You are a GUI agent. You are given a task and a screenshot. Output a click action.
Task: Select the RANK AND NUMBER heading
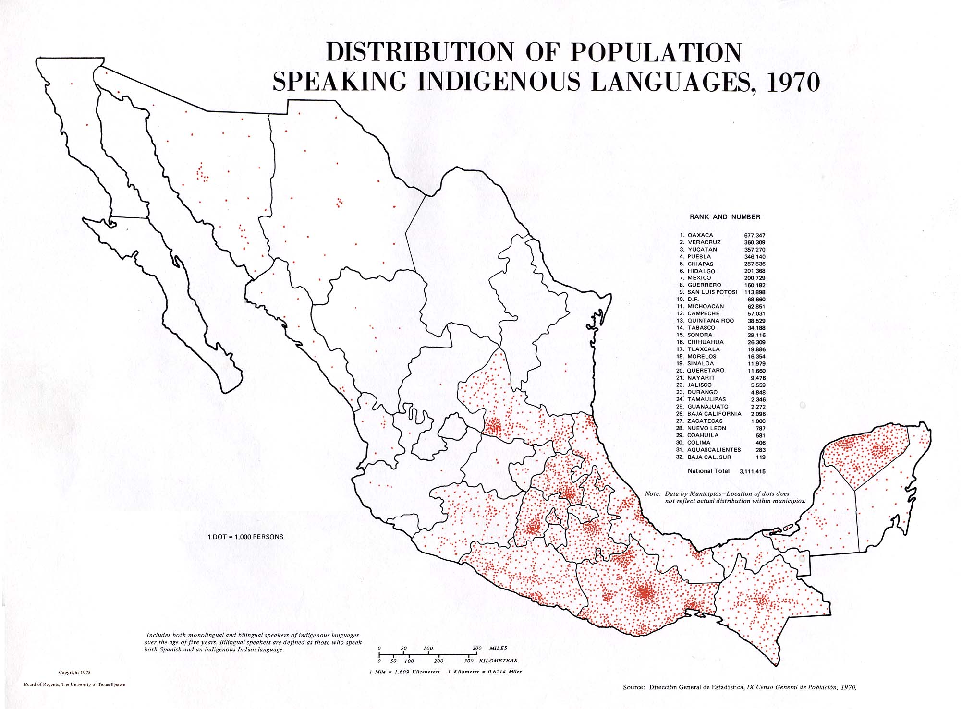725,217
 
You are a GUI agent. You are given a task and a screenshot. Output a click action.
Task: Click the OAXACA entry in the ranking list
700,235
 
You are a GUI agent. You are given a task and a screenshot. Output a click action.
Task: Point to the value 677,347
755,236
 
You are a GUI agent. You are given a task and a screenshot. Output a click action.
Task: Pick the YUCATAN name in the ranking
702,250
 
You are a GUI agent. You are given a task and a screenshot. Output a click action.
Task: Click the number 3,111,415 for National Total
753,471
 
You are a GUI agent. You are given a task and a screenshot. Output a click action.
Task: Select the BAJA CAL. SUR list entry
709,457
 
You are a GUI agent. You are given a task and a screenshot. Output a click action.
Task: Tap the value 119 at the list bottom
760,457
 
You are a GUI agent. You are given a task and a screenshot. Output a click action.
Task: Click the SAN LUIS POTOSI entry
712,292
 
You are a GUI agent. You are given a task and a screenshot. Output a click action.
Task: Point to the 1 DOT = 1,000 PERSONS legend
245,537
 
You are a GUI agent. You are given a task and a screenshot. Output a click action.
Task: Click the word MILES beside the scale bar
498,648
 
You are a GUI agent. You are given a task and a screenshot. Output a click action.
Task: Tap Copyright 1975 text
74,673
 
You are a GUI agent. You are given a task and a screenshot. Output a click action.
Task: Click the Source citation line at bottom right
740,687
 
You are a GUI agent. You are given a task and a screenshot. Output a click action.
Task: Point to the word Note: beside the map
653,493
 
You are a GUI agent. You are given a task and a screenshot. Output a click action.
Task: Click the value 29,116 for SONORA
756,335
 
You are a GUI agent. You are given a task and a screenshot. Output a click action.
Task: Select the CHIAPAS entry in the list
700,264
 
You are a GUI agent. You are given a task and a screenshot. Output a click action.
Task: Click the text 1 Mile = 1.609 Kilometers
404,672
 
